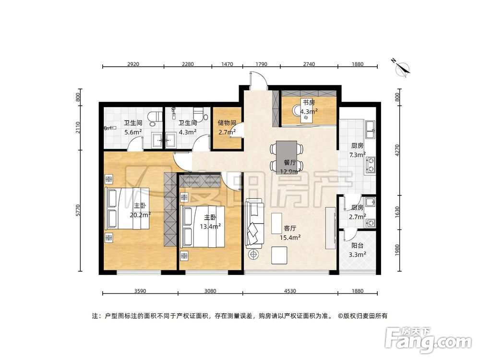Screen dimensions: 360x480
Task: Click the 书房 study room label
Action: pyautogui.click(x=308, y=102)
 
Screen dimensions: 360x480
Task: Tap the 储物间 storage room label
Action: pyautogui.click(x=226, y=122)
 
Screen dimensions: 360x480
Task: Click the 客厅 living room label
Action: pyautogui.click(x=289, y=228)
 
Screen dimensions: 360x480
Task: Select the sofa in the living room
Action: pyautogui.click(x=254, y=223)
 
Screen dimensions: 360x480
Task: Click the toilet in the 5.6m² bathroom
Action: pyautogui.click(x=154, y=118)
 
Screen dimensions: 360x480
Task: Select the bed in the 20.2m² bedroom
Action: pyautogui.click(x=127, y=209)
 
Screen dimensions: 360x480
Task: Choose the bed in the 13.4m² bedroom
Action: pyautogui.click(x=201, y=226)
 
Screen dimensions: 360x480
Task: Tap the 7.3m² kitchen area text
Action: pyautogui.click(x=357, y=155)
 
